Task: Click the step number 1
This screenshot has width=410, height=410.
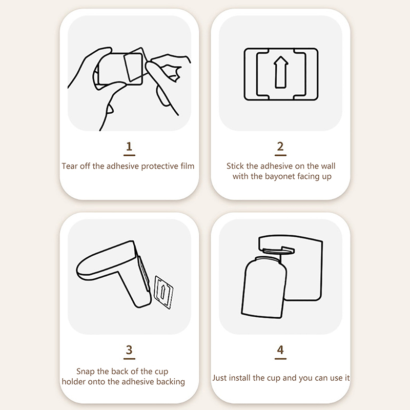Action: (129, 147)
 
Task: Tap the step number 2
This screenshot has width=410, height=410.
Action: (280, 147)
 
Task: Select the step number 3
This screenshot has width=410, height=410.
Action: (129, 350)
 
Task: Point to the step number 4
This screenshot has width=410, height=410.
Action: (280, 350)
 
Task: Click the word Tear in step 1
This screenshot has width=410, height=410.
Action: (70, 166)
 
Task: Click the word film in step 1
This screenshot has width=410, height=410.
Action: (187, 166)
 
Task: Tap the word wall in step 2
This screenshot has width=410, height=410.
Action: (328, 166)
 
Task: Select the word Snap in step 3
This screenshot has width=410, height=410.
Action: (86, 372)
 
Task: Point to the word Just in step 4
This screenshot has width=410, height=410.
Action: (219, 378)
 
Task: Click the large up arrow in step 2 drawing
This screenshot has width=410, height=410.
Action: (281, 72)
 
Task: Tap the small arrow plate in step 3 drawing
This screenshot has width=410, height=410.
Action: (163, 292)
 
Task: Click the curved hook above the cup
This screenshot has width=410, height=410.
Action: (278, 251)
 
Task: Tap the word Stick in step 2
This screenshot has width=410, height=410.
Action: (235, 166)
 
